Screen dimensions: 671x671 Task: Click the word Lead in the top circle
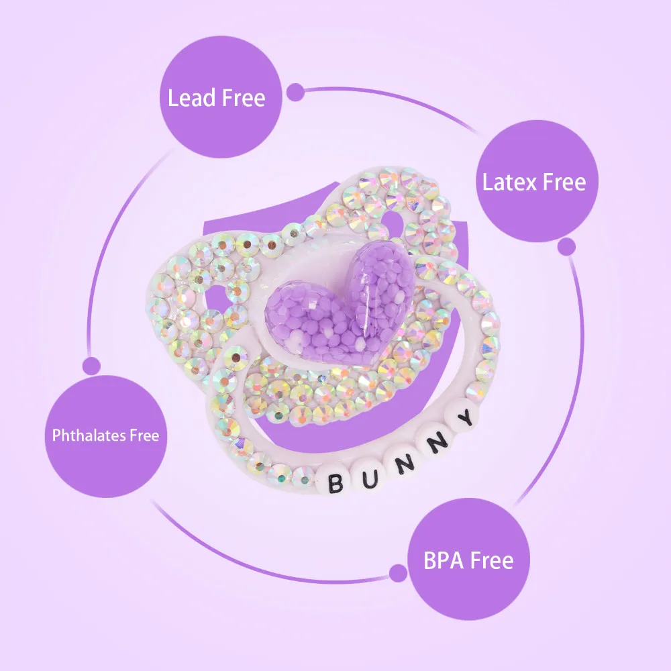(x=190, y=99)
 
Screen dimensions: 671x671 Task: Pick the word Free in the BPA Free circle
(x=491, y=560)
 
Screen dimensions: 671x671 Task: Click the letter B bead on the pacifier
(x=333, y=480)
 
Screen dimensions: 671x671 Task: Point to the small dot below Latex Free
(x=567, y=247)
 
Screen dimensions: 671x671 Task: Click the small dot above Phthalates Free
(x=91, y=366)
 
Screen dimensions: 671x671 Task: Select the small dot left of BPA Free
(x=399, y=572)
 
